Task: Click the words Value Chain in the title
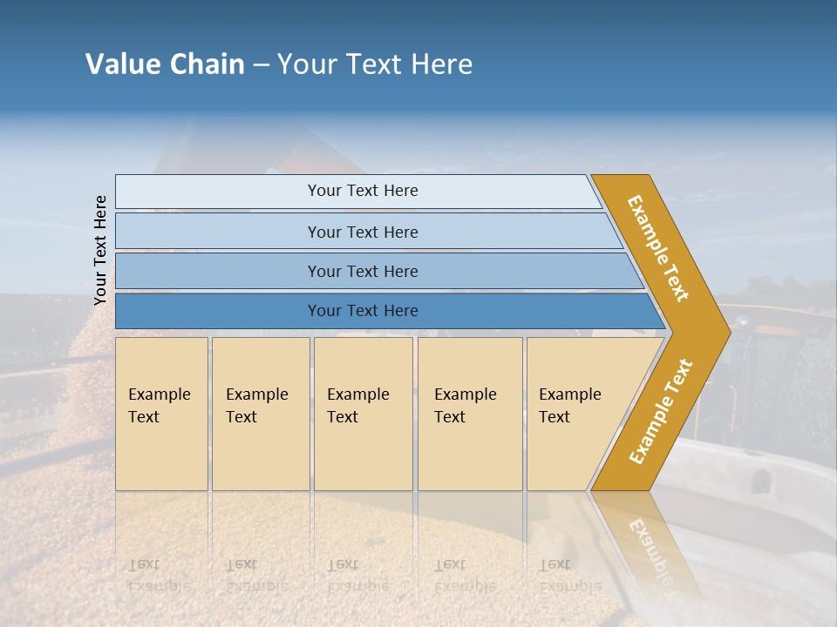coord(165,64)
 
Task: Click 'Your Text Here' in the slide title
coord(375,64)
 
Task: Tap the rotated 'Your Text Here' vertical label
coord(100,250)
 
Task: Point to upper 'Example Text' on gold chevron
coord(658,248)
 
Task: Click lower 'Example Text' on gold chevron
coord(661,411)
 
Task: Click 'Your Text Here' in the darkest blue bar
coord(363,311)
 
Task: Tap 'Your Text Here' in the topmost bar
coord(363,191)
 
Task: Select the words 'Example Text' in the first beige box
coord(159,406)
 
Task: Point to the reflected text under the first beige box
coord(157,576)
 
